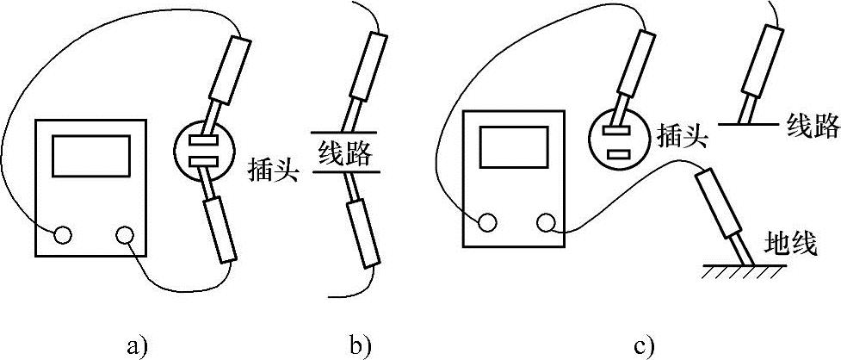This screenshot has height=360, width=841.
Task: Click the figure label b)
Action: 360,347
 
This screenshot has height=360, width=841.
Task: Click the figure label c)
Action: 645,347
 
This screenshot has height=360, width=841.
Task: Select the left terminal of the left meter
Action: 63,234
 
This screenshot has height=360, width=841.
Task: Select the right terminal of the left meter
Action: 126,234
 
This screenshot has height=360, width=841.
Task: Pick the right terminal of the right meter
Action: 545,223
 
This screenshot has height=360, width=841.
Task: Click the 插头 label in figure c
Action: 681,136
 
